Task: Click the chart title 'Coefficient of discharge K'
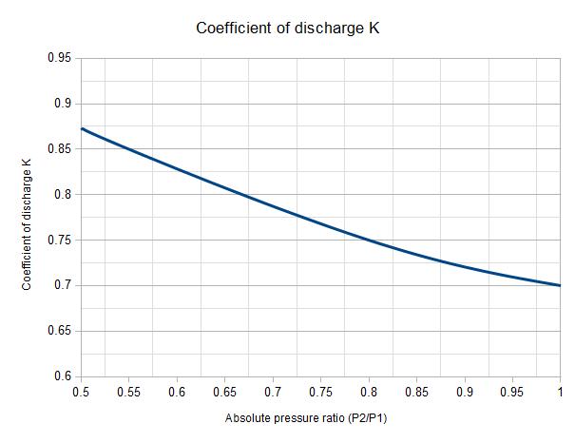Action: point(288,27)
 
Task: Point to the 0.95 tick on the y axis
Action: point(59,58)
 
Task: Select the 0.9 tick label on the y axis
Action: point(63,104)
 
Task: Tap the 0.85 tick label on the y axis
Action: point(59,149)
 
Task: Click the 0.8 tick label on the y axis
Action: point(63,195)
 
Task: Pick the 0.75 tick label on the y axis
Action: point(59,240)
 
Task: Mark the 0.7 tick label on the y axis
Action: point(63,285)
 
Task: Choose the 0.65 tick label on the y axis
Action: point(59,331)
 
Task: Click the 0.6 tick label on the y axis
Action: point(63,376)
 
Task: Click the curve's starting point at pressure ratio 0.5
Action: point(82,128)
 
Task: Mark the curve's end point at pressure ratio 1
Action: point(560,285)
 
